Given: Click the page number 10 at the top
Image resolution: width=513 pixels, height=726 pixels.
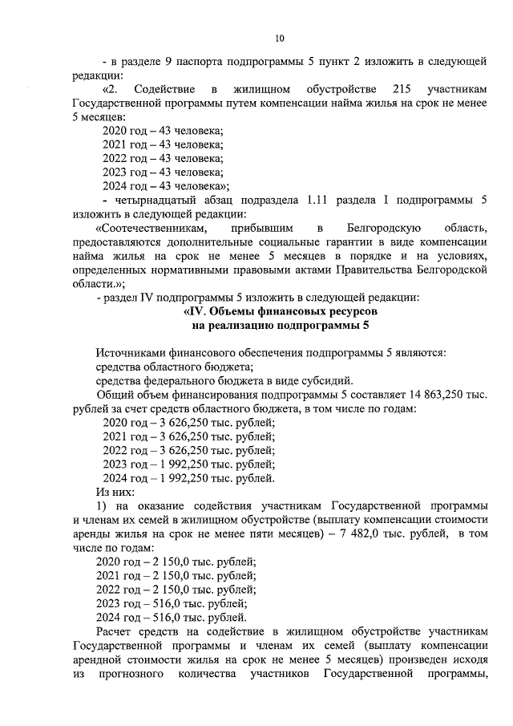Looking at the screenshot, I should [280, 38].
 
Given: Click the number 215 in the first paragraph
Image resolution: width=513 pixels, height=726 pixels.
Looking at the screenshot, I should [398, 87].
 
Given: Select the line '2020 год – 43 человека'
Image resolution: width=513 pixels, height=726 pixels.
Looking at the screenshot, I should [163, 130].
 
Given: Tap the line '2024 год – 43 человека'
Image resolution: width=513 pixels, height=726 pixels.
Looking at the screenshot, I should [165, 185].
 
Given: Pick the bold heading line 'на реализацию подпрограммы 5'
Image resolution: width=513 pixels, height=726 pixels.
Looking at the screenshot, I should [280, 325].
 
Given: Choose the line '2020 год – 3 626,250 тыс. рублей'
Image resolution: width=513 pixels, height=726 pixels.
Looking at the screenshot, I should [188, 423].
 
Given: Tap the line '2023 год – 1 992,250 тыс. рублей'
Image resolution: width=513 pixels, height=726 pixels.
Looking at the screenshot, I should [188, 464].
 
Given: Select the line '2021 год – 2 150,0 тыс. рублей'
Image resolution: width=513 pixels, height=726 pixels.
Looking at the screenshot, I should [176, 576].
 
